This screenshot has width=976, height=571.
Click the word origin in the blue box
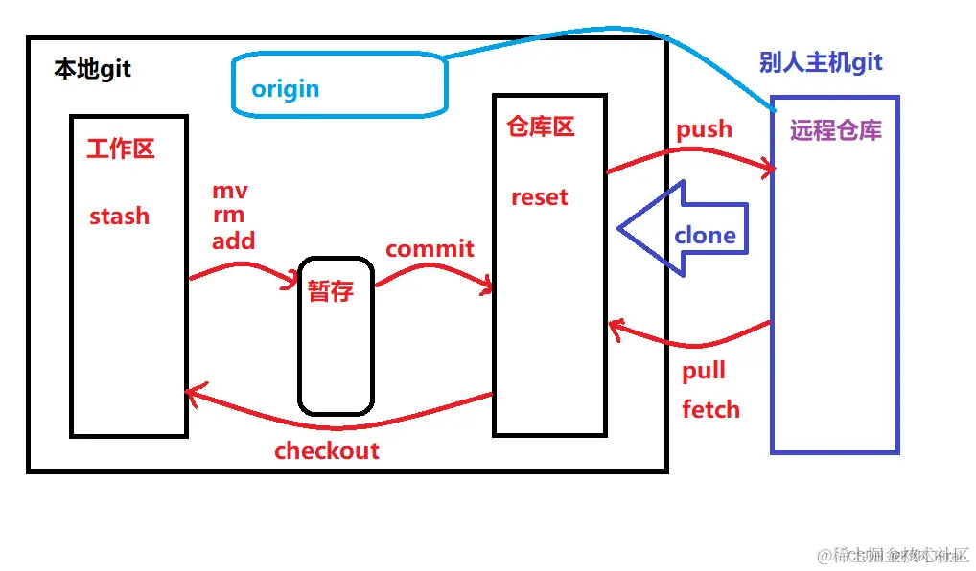(285, 89)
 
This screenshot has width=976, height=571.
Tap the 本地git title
(92, 70)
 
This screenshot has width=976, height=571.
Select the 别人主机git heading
(820, 63)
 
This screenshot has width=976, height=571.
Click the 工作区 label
(120, 148)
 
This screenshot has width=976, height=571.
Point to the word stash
(120, 217)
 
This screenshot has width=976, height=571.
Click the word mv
(230, 192)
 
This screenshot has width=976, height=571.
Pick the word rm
(228, 216)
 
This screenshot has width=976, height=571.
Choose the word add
(233, 241)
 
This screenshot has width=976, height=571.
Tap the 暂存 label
(331, 291)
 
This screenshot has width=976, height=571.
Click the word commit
(430, 249)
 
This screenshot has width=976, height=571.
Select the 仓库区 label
(540, 127)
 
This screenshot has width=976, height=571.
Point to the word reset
(539, 197)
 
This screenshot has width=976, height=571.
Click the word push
(704, 129)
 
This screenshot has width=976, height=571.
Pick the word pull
(704, 372)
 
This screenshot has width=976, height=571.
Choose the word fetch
(710, 410)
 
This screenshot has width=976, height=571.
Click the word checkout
(327, 451)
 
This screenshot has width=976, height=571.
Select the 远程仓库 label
(835, 131)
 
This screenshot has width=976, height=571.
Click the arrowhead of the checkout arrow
(192, 393)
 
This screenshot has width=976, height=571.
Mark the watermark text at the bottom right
(892, 555)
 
